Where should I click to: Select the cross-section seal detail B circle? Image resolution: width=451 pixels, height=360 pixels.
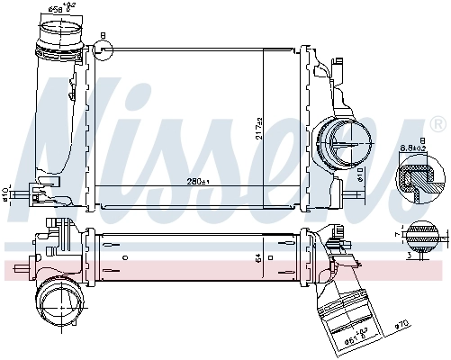point(420,180)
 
